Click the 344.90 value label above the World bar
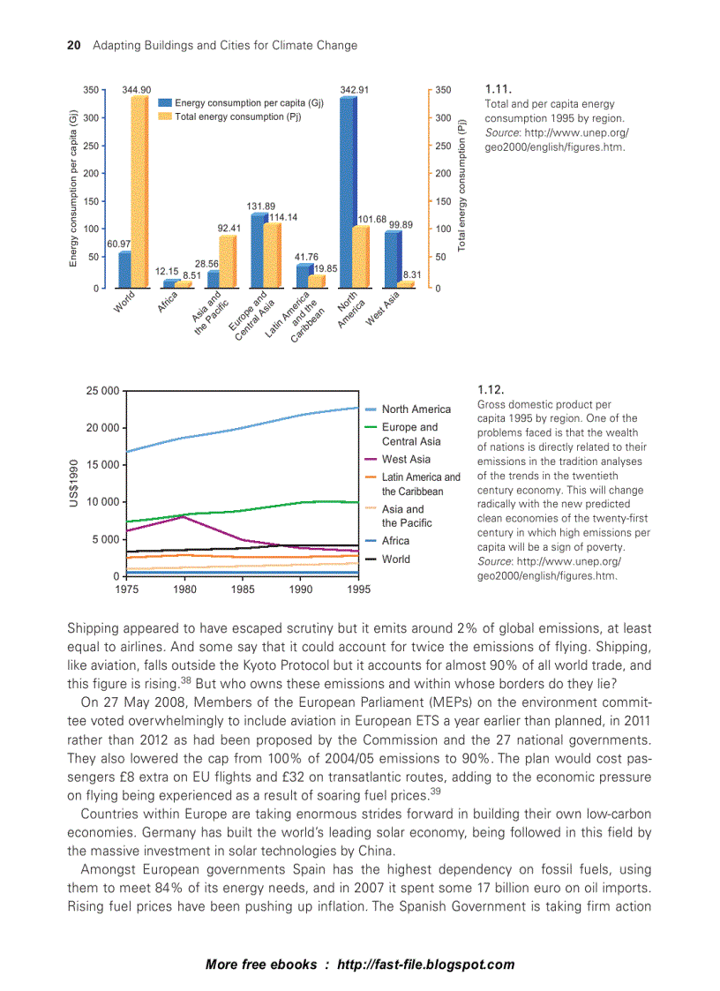(137, 89)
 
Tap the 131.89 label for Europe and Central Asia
(261, 206)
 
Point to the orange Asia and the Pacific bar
(228, 261)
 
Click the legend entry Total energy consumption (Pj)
(237, 116)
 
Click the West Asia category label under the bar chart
(383, 308)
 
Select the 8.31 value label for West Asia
(411, 275)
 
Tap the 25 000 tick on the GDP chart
(102, 390)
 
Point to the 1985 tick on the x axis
(243, 589)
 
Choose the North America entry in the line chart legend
(416, 409)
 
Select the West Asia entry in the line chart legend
(406, 459)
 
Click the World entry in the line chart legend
(395, 559)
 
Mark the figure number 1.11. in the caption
(499, 89)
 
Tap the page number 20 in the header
(75, 45)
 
